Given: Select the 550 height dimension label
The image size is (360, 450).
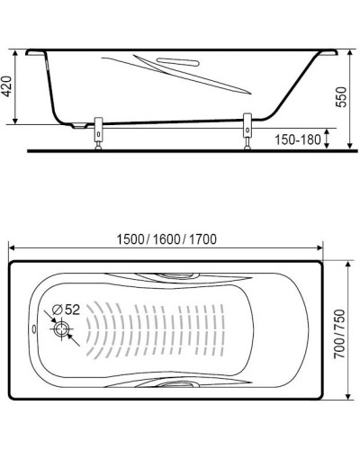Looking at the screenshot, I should pyautogui.click(x=339, y=99).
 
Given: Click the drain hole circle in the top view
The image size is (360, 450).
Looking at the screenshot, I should pyautogui.click(x=62, y=329).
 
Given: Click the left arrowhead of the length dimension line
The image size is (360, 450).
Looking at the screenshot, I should pyautogui.click(x=13, y=248).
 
